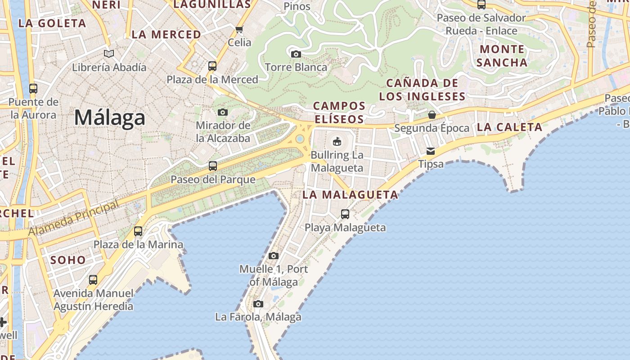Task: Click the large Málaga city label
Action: click(x=109, y=118)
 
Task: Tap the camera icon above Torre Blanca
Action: click(x=296, y=54)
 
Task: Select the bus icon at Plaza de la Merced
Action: click(x=212, y=66)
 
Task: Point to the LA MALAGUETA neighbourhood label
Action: click(x=350, y=195)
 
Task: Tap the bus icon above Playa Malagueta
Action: click(x=345, y=214)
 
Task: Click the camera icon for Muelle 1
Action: click(x=273, y=256)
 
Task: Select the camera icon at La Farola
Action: click(x=258, y=304)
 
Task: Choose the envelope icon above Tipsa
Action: click(x=431, y=151)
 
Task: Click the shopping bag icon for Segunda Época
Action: click(x=432, y=115)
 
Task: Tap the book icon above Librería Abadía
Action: click(x=109, y=54)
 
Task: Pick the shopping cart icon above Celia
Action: click(x=239, y=30)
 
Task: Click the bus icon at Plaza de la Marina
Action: click(x=138, y=231)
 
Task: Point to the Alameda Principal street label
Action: click(x=74, y=218)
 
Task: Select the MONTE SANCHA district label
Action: click(x=502, y=56)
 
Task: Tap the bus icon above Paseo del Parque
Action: click(x=213, y=166)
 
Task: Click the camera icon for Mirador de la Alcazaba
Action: click(x=223, y=112)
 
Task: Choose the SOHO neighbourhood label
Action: click(x=68, y=260)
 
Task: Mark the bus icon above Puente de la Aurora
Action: click(x=33, y=89)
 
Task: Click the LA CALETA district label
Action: click(x=509, y=127)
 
